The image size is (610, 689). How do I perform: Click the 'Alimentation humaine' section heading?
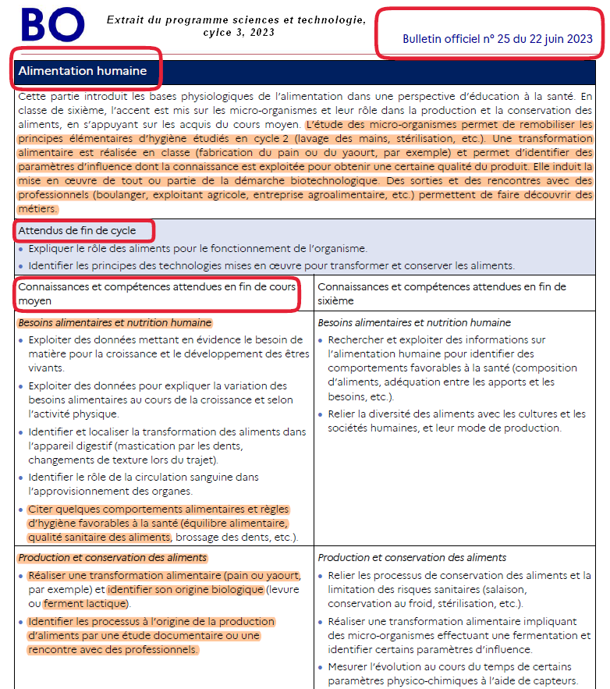tap(83, 71)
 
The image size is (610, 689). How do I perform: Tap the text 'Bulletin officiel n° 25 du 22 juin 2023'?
tap(497, 39)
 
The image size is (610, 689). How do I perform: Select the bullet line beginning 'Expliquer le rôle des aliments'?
tap(197, 248)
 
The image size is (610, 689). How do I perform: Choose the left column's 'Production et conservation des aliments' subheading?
tap(112, 558)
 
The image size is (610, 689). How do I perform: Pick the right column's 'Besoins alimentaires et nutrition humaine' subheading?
tap(414, 322)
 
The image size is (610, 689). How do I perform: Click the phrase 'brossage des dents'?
tap(220, 538)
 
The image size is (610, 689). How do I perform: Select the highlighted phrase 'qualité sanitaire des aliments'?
tap(99, 538)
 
